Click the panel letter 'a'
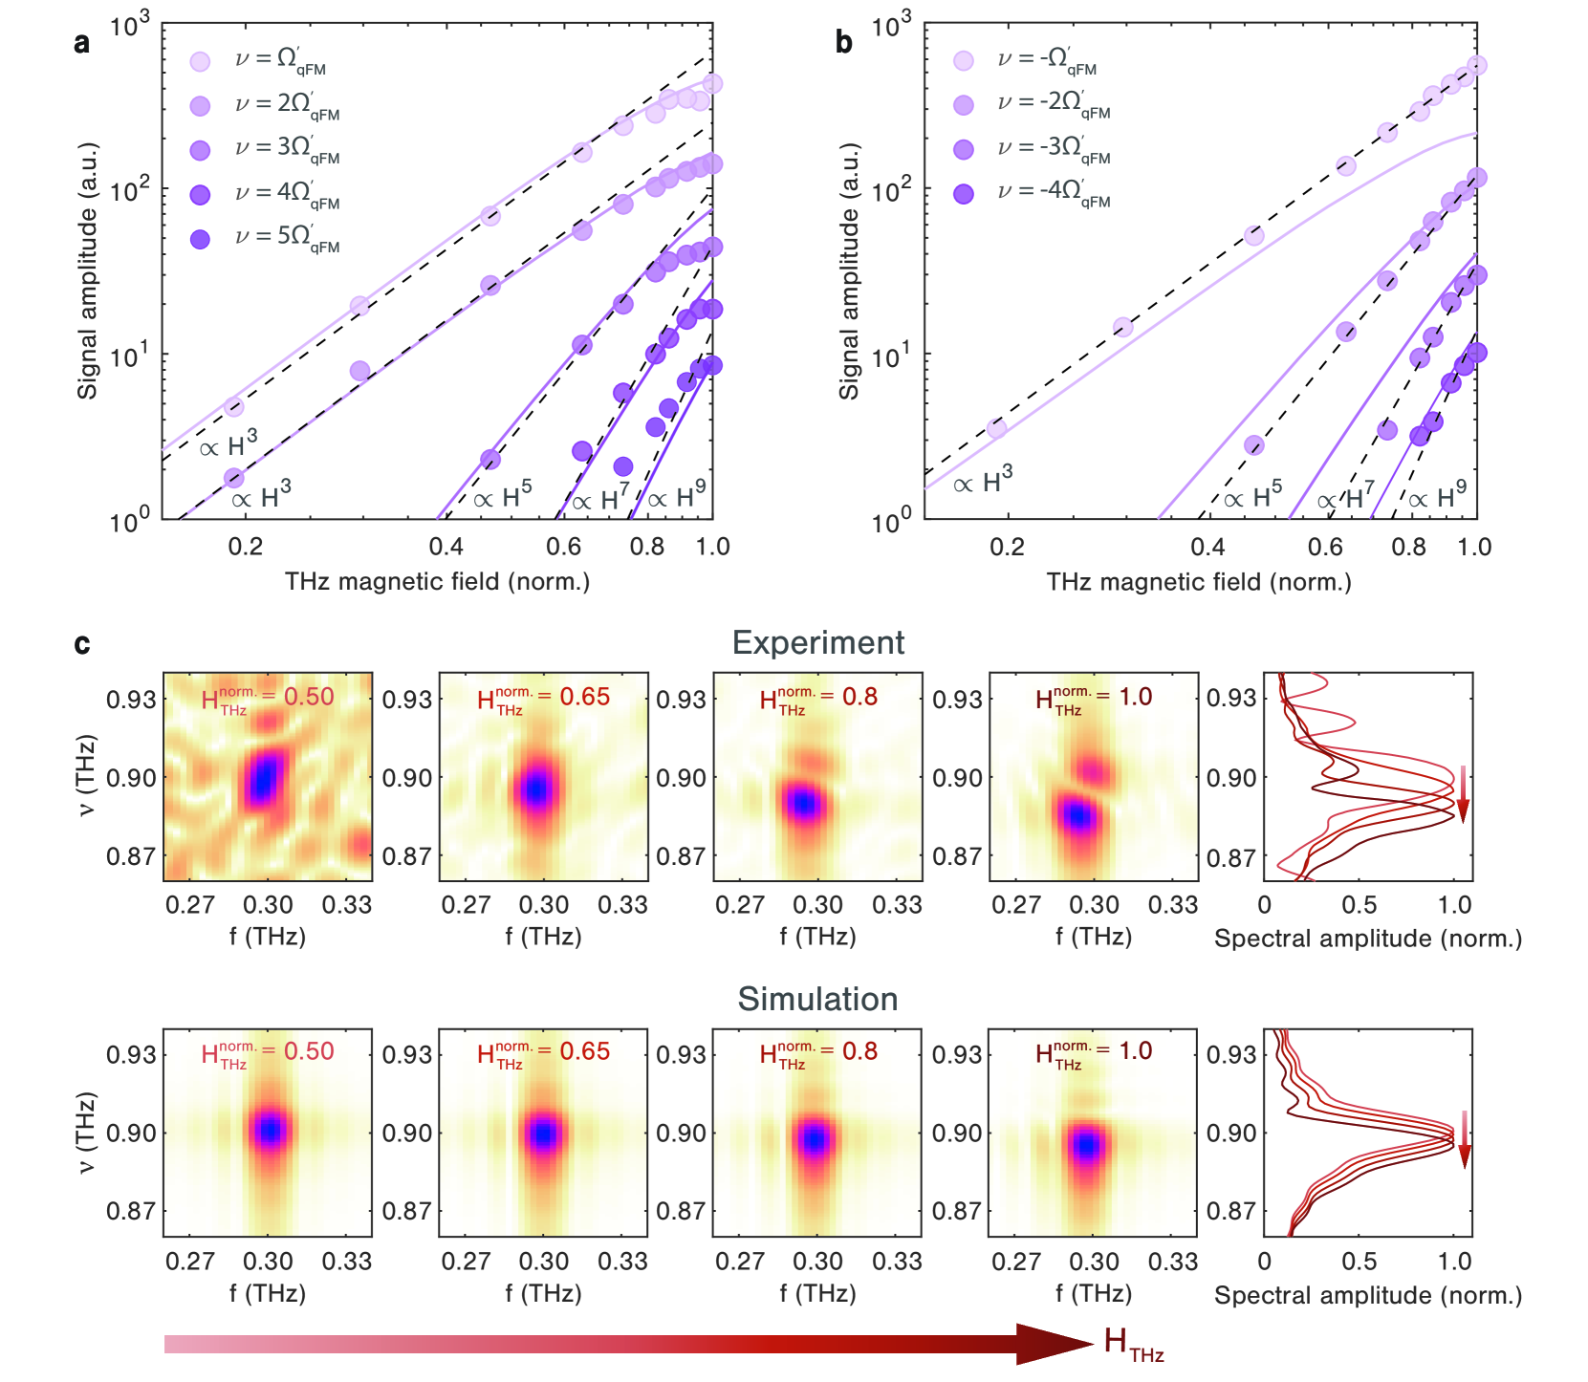[82, 44]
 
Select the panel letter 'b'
[843, 43]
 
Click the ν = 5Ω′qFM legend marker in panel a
[200, 239]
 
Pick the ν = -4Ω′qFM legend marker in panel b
[964, 194]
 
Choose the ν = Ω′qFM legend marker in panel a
[200, 62]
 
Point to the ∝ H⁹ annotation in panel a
[677, 497]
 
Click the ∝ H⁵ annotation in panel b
[1252, 497]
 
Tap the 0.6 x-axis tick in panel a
[563, 547]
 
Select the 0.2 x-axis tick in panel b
[1007, 547]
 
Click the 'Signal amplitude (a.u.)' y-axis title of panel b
[849, 272]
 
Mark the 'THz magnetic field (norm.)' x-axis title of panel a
[437, 581]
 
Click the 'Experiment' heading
[817, 643]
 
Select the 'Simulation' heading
[817, 1000]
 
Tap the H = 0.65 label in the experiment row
[543, 699]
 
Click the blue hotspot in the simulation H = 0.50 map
[271, 1131]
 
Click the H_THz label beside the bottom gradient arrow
[1134, 1344]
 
